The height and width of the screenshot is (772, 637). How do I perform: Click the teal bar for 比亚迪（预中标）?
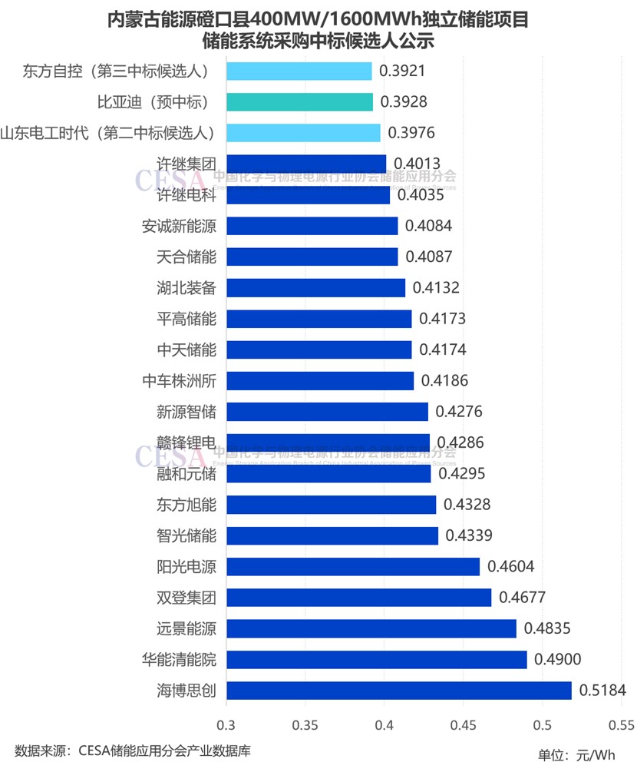point(299,102)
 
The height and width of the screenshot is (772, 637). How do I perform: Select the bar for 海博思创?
point(399,691)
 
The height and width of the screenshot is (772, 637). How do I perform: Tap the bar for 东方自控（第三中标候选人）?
point(299,71)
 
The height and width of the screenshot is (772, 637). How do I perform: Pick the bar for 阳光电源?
point(353,567)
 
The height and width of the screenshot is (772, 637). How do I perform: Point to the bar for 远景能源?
point(371,628)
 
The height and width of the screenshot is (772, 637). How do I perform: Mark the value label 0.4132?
point(435,288)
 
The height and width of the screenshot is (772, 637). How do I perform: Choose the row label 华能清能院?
point(179,659)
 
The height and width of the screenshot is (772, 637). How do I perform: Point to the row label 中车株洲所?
point(179,381)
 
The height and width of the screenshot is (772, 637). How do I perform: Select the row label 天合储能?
point(186,257)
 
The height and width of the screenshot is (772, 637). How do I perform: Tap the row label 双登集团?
point(186,598)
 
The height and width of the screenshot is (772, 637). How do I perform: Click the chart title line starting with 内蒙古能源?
point(318,19)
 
